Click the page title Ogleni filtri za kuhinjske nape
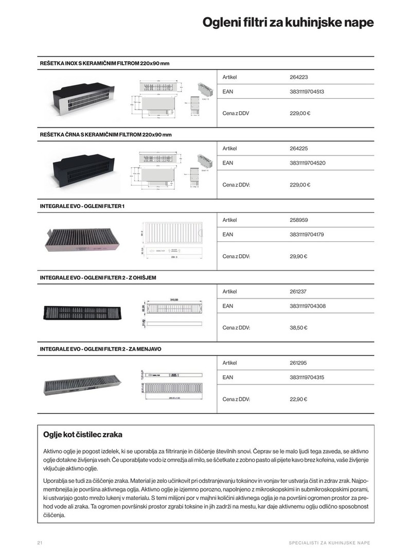[x=288, y=23]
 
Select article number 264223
[x=298, y=77]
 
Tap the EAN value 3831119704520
[x=307, y=163]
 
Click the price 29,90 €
[x=298, y=256]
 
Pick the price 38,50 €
[x=298, y=327]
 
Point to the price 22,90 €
[x=298, y=399]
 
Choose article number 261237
[x=298, y=291]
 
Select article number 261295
[x=298, y=363]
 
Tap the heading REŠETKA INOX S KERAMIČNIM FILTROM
[x=104, y=63]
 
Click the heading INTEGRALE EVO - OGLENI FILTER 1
[x=82, y=206]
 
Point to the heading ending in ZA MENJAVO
[x=100, y=349]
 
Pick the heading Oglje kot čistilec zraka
[x=83, y=435]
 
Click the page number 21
[x=40, y=543]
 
